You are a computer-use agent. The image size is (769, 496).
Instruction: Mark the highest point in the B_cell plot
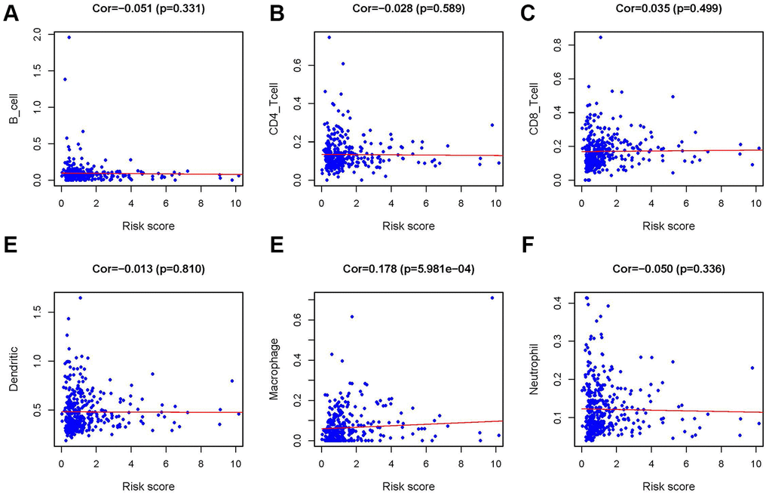69,37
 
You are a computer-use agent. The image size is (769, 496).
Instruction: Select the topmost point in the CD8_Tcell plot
600,37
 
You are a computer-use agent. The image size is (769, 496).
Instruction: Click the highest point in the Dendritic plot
80,297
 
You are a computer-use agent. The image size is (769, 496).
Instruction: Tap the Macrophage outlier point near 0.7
492,297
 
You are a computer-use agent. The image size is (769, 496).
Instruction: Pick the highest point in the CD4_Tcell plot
329,37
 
